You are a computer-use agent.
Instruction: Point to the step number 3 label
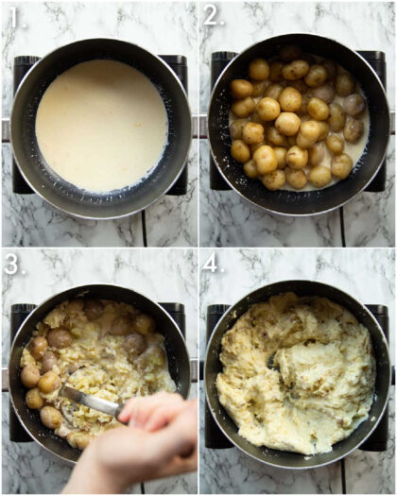pyautogui.click(x=12, y=265)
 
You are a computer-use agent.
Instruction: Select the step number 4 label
pyautogui.click(x=213, y=265)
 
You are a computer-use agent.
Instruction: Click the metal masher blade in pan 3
pyautogui.click(x=91, y=401)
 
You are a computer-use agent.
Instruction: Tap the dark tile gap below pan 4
pyautogui.click(x=341, y=477)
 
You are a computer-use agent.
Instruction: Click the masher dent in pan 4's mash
pyautogui.click(x=272, y=360)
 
